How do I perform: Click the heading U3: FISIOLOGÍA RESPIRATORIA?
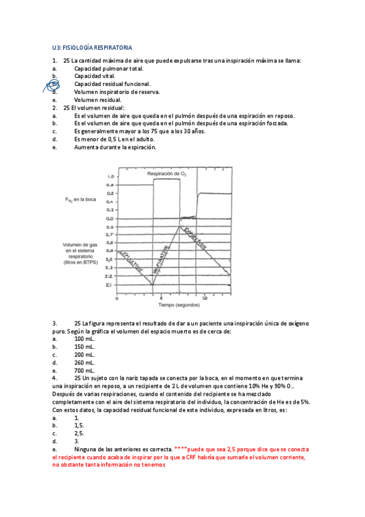coord(92,48)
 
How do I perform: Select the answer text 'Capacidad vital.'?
coord(95,76)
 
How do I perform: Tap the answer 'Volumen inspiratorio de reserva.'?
coord(117,92)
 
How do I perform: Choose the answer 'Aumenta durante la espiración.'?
coord(115,147)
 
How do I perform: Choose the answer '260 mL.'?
coord(85,362)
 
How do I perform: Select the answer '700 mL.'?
coord(85,370)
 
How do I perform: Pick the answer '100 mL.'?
coord(85,338)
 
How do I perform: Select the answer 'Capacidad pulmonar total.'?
coord(108,68)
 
